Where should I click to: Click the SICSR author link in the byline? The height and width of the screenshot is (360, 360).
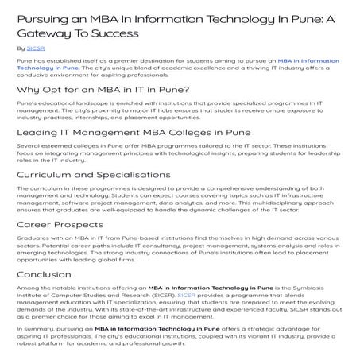(35, 48)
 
